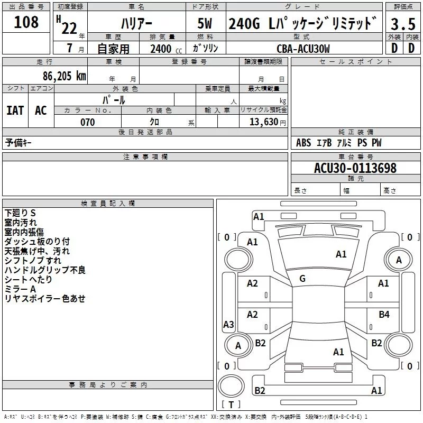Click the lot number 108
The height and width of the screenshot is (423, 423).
click(x=26, y=22)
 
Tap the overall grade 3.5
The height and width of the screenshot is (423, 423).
click(x=403, y=24)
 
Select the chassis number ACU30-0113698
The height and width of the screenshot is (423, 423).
click(x=355, y=169)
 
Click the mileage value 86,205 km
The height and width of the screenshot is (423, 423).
click(x=62, y=76)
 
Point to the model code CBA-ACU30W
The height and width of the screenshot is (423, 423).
click(x=303, y=49)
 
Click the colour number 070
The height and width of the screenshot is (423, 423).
click(x=87, y=123)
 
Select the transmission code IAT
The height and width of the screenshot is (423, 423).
click(x=15, y=110)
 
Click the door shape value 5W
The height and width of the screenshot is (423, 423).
click(x=206, y=24)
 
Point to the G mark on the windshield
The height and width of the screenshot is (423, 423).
click(x=302, y=279)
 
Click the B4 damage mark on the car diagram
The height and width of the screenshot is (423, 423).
click(x=384, y=315)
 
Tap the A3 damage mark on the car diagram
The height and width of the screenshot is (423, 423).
click(x=228, y=324)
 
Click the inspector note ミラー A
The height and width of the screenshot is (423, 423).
click(x=20, y=289)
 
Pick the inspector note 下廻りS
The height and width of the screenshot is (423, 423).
click(x=20, y=213)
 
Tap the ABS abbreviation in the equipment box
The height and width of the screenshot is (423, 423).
click(x=304, y=143)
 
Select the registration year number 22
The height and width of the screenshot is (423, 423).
click(x=69, y=27)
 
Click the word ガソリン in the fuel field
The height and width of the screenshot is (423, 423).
click(x=206, y=48)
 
